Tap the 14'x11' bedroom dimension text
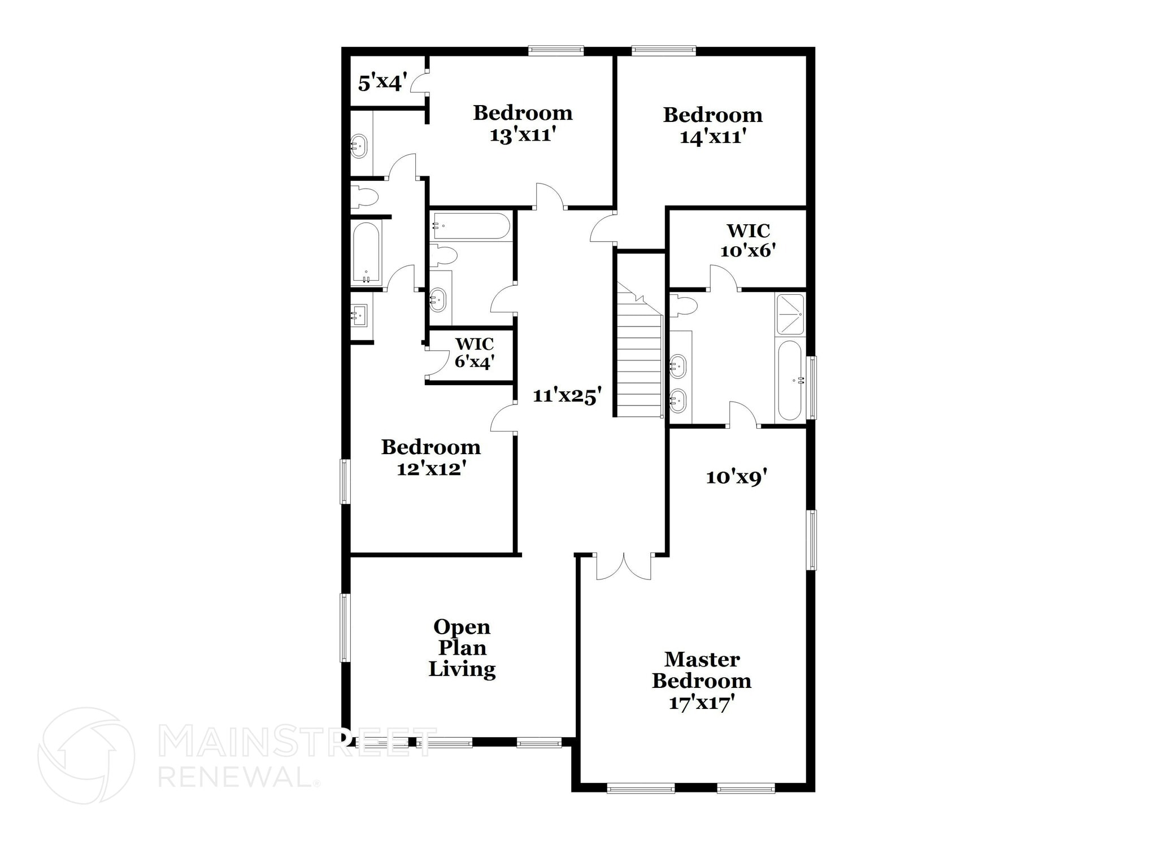(x=713, y=138)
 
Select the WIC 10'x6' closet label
(x=747, y=240)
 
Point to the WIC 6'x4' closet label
(x=475, y=352)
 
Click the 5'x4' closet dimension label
(x=382, y=83)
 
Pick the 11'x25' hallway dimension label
(x=565, y=396)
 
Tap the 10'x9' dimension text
(x=736, y=478)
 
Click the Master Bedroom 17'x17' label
(x=702, y=681)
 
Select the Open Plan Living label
(x=462, y=648)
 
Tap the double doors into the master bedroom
(x=624, y=567)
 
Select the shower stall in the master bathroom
(x=790, y=314)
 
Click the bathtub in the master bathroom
(x=790, y=380)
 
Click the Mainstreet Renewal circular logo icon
(x=86, y=756)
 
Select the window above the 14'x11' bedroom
(x=663, y=51)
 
